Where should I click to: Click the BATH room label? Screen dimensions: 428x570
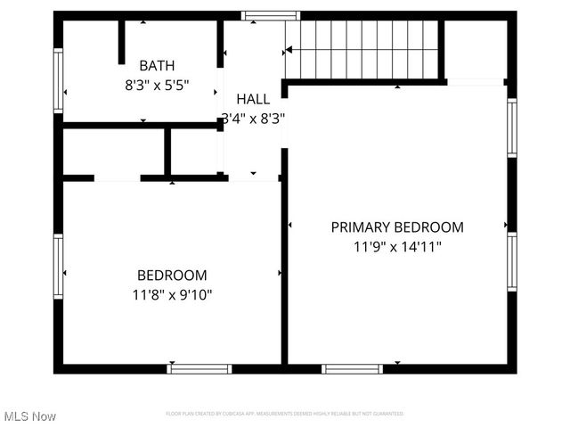[157, 65]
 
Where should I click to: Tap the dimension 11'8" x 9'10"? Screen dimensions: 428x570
[172, 293]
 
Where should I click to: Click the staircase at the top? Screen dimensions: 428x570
[362, 50]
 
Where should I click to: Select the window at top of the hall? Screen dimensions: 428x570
[272, 15]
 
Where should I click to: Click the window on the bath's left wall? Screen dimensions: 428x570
[59, 80]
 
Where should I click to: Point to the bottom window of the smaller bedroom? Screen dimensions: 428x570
[199, 368]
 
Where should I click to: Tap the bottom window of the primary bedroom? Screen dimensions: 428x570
[353, 368]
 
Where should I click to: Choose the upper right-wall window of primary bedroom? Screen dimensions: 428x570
[511, 128]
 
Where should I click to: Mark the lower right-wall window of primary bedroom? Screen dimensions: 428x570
[511, 261]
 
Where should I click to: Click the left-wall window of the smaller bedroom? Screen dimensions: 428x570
[59, 267]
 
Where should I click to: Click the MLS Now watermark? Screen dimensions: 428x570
[30, 416]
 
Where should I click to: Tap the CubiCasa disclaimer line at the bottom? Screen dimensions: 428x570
[285, 414]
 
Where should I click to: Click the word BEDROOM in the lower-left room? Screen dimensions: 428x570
[172, 275]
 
